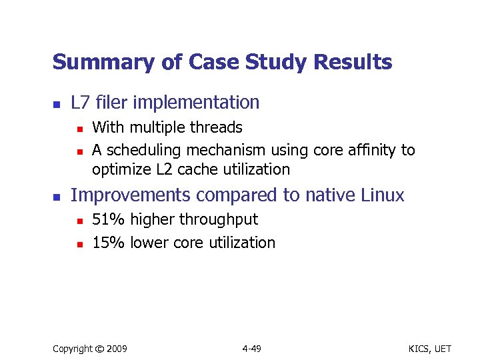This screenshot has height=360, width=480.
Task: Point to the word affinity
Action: point(372,150)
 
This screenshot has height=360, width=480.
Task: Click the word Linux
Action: point(382,195)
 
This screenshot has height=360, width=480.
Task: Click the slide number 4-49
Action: point(251,349)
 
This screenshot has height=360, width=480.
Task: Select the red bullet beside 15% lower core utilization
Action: point(79,244)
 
